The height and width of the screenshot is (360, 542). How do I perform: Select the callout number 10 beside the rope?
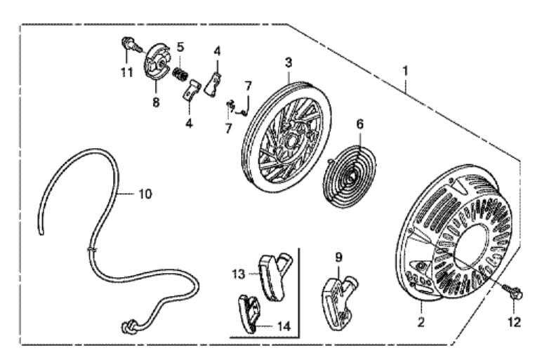pos(144,194)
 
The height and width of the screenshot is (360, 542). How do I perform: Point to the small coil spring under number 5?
pos(181,72)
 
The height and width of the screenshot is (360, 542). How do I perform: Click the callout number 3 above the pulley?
pos(288,62)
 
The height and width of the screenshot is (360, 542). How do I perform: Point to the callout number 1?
pos(405,71)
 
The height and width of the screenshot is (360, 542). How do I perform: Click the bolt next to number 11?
pos(128,44)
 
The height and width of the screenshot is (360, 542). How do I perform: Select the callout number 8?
pos(156,102)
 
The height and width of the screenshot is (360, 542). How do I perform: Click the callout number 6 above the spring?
pos(359,124)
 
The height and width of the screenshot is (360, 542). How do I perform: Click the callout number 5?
pos(180,47)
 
